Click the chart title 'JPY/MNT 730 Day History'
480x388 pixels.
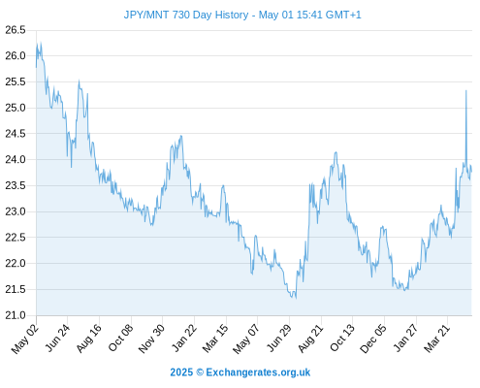coord(186,15)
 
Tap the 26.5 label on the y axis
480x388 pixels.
coord(16,30)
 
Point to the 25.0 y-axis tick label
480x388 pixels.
coord(16,108)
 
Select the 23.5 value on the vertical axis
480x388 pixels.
coord(16,185)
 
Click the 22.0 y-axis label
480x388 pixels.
coord(16,263)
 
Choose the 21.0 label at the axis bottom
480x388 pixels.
coord(16,315)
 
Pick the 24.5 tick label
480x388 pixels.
coord(16,134)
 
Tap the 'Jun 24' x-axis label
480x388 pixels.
coord(57,338)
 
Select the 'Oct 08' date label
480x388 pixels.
coord(120,338)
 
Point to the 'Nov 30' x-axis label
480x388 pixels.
coord(151,339)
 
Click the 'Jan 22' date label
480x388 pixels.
coord(184,338)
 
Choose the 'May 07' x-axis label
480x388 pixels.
coord(246,339)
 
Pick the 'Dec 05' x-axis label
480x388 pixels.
coord(373,339)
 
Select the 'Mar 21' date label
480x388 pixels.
coord(436,338)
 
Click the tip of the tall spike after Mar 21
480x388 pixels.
coord(466,90)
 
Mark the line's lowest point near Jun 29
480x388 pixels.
coord(296,298)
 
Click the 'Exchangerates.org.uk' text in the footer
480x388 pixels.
coord(258,372)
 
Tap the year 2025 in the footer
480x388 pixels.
coord(181,372)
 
